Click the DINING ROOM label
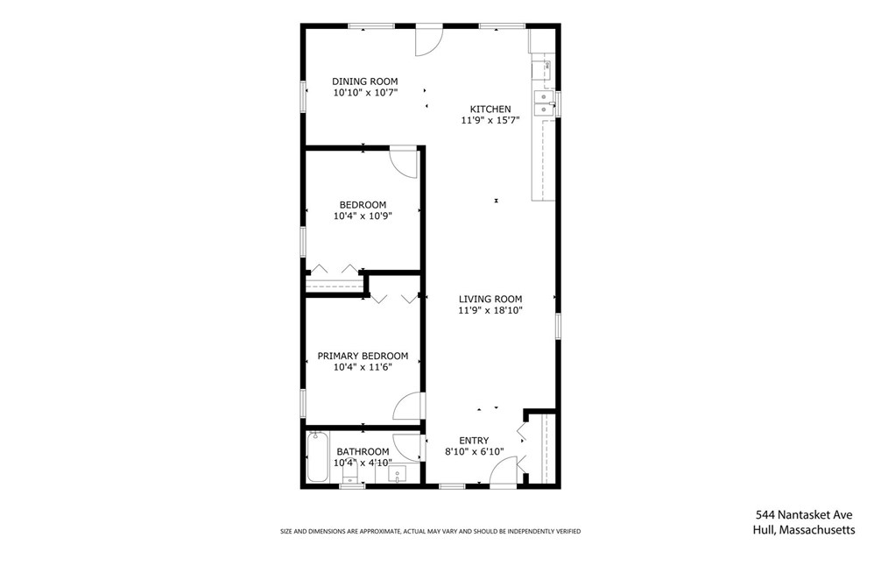pos(364,81)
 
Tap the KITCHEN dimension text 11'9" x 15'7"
pos(490,120)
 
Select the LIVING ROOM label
pos(490,299)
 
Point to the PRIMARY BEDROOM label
pos(363,357)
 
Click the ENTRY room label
pos(474,441)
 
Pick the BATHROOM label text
pos(363,452)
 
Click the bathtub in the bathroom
pos(317,456)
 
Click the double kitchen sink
pos(544,103)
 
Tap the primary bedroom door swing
pos(408,407)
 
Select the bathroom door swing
pos(407,448)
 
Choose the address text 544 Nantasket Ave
pos(804,515)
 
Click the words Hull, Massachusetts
pos(804,530)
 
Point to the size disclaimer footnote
pos(430,531)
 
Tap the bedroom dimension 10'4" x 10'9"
pos(363,216)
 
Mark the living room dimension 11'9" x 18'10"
pos(490,310)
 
